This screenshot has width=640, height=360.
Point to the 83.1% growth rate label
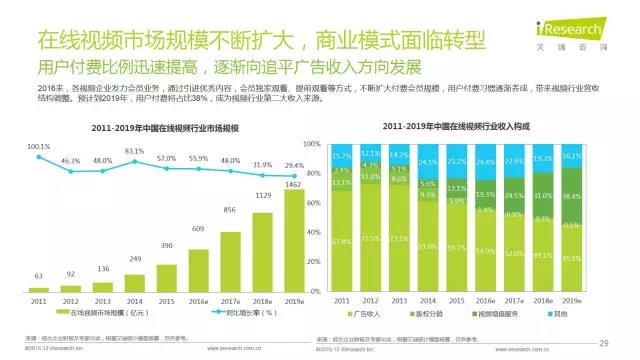tap(133, 151)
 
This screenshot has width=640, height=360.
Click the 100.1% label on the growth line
tap(38, 146)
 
